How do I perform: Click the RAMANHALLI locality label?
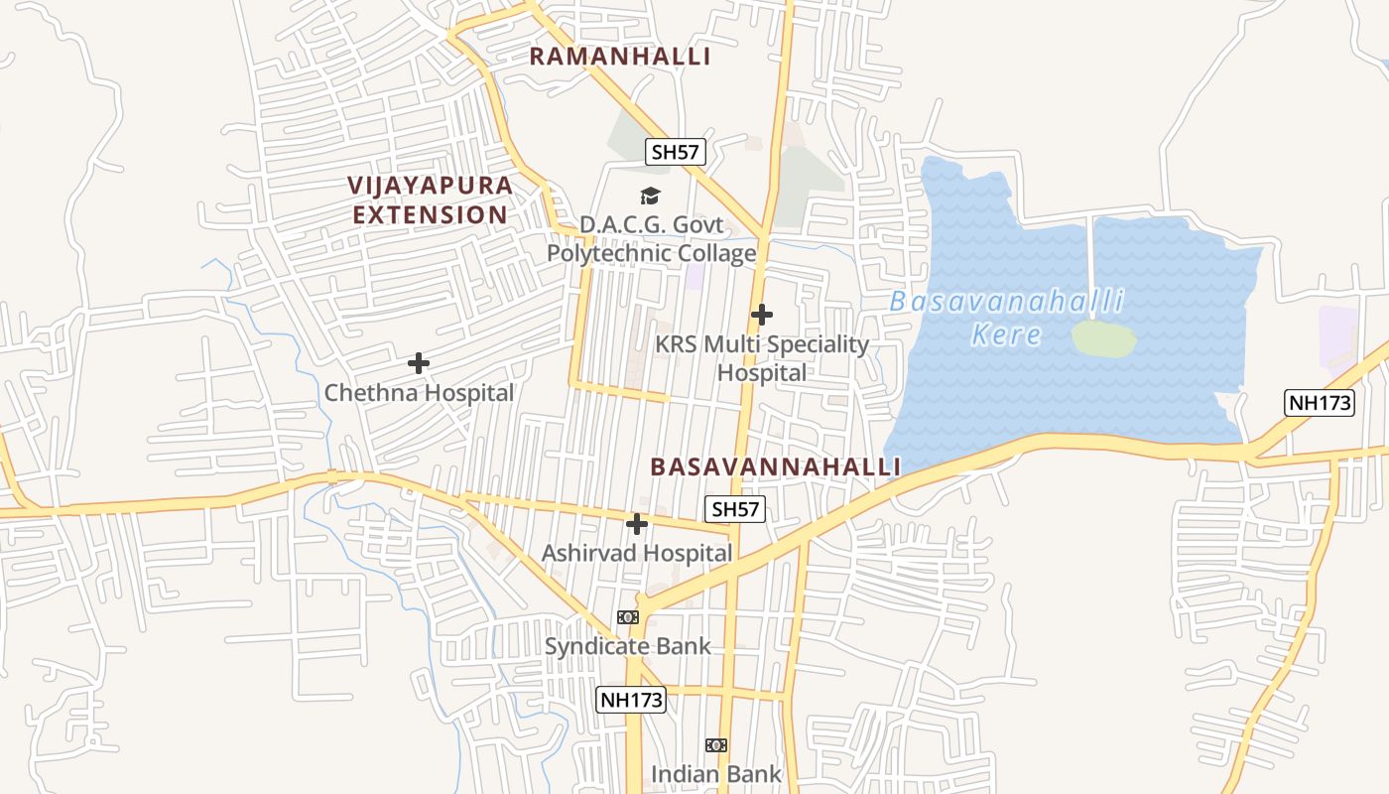click(620, 57)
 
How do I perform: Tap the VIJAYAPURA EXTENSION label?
click(431, 199)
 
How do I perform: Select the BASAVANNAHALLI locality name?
click(775, 466)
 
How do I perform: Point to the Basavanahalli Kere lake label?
click(1006, 317)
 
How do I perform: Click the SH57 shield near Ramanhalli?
click(676, 152)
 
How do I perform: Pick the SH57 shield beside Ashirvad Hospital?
click(735, 509)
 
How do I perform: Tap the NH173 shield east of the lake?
click(1319, 403)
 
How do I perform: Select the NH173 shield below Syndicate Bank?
click(630, 700)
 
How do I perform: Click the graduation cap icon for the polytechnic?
click(650, 197)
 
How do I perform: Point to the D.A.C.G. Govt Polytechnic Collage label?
click(652, 239)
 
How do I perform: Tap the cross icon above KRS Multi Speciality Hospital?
click(762, 315)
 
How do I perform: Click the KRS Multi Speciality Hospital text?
click(762, 358)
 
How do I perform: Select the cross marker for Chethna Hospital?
click(419, 363)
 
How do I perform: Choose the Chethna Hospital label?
click(419, 393)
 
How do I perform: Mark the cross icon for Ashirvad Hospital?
click(637, 524)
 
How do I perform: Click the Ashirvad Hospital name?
click(637, 553)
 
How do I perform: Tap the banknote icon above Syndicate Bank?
click(628, 617)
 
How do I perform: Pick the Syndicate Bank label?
click(628, 646)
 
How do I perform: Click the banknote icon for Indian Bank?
click(716, 745)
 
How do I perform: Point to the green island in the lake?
click(1103, 338)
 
